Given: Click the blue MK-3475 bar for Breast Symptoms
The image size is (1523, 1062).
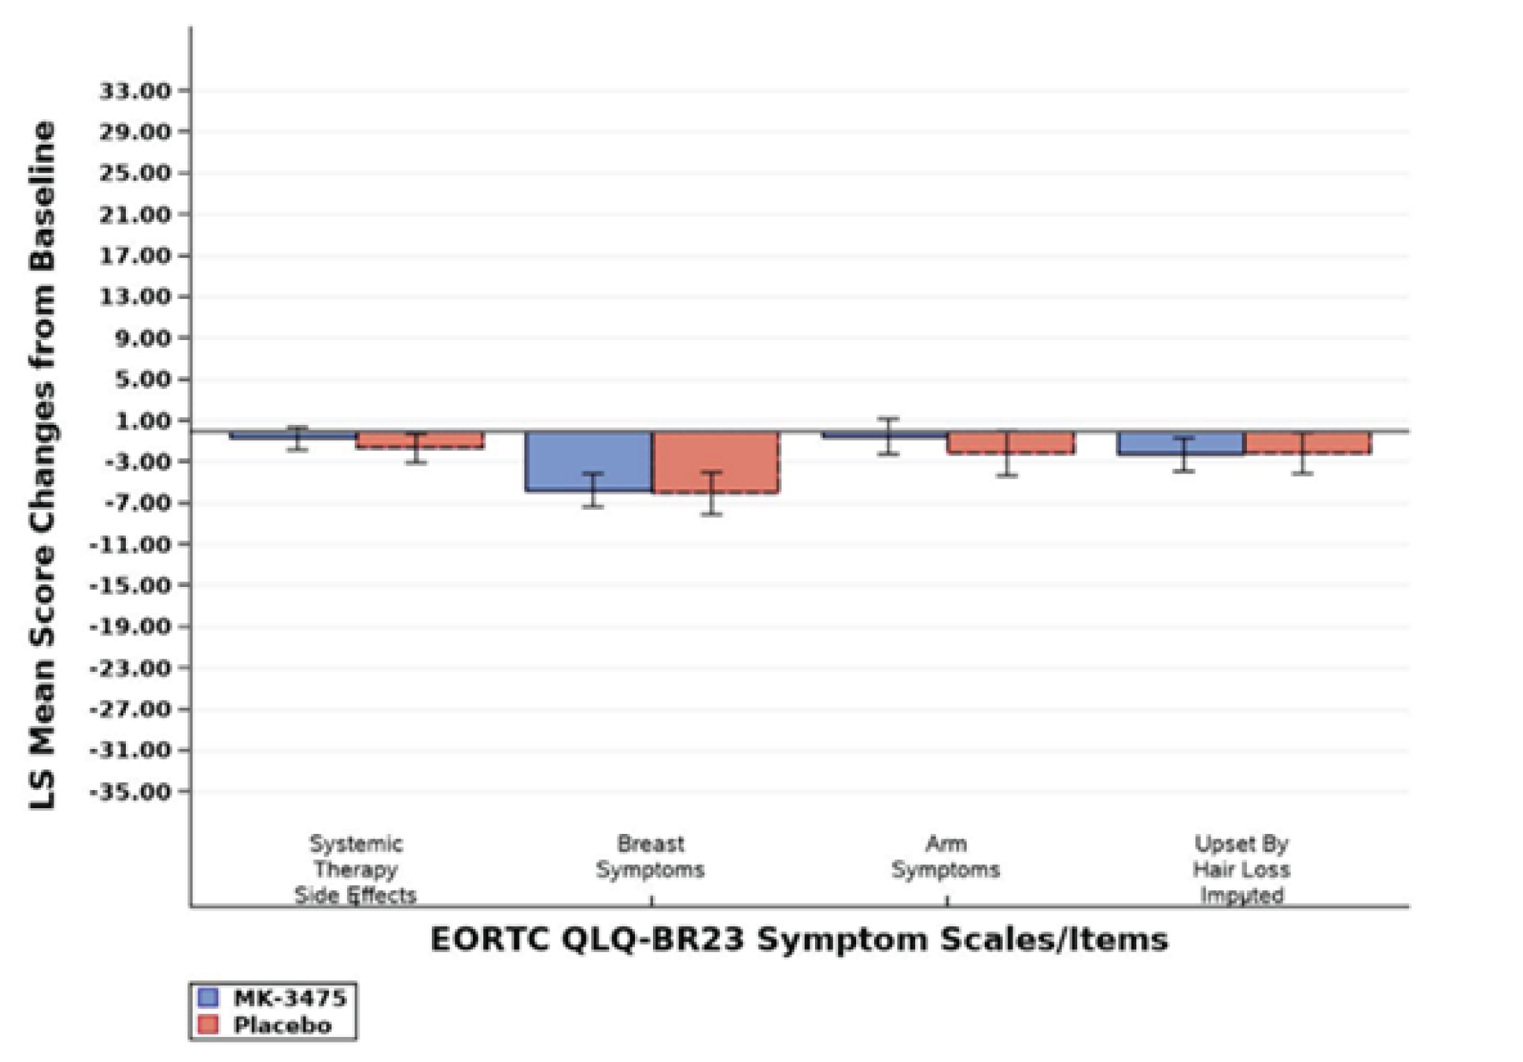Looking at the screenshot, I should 588,461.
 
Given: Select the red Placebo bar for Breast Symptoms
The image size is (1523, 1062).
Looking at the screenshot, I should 716,462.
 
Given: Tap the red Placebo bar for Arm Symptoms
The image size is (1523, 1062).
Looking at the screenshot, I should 1010,443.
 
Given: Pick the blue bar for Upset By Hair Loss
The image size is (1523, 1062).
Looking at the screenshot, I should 1180,444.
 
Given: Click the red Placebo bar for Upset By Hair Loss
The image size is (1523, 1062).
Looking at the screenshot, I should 1307,443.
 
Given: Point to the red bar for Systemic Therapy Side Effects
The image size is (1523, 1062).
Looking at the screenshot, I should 419,440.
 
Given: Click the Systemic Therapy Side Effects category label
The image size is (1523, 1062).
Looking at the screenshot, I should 355,869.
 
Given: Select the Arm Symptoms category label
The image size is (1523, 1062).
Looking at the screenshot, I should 946,857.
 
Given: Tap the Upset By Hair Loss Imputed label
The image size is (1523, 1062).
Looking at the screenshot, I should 1241,869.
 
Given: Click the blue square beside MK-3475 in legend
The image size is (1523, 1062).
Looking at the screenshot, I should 208,997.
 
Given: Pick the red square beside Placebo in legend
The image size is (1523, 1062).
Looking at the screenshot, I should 208,1024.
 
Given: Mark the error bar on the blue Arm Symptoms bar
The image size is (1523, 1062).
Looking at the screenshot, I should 888,437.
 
